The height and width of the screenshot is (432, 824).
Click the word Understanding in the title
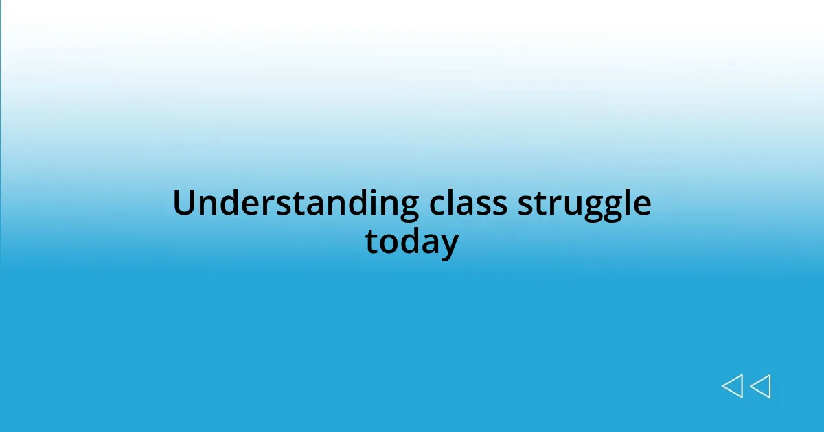(x=295, y=204)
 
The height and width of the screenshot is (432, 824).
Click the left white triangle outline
(x=732, y=386)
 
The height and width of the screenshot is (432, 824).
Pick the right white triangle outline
(x=760, y=386)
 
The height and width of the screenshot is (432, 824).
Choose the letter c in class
(x=437, y=206)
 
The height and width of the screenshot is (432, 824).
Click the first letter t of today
(x=371, y=242)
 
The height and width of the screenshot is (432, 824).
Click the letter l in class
(x=452, y=203)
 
